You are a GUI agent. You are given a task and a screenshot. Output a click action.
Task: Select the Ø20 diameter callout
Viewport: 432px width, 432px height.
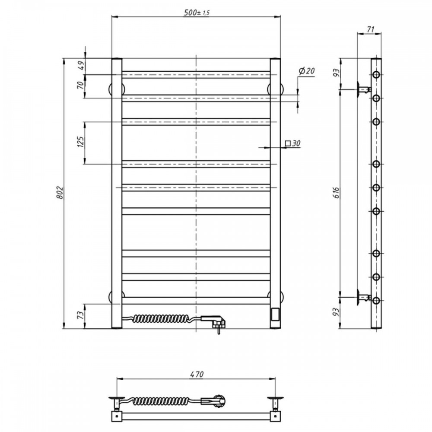pyautogui.click(x=306, y=71)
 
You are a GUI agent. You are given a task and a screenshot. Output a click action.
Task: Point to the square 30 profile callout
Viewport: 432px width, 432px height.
pyautogui.click(x=292, y=143)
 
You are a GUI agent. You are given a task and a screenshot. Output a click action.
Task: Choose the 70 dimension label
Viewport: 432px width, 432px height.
pyautogui.click(x=80, y=85)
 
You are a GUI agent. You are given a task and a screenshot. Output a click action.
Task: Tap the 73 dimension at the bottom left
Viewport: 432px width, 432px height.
pyautogui.click(x=80, y=314)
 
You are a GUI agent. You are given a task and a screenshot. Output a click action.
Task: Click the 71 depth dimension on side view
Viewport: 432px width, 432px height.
pyautogui.click(x=371, y=29)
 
